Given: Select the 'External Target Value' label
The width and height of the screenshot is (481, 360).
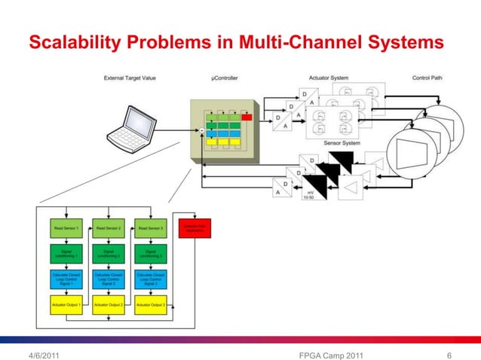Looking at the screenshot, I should point(130,78).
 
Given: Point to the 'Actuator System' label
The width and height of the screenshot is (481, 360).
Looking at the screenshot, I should point(329,78).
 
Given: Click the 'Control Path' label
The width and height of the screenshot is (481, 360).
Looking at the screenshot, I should point(427,78).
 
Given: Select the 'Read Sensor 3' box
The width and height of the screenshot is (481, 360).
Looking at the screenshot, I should point(150,227).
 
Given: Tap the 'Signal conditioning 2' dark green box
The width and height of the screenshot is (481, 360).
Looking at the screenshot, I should point(108,252).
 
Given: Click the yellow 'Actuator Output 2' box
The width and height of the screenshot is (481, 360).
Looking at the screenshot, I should point(108,305).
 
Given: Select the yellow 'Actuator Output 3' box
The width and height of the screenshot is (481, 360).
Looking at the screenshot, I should point(150,305).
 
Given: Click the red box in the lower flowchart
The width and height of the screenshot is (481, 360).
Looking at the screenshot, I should point(195,227).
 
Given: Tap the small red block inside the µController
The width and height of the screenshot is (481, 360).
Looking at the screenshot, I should point(246,117).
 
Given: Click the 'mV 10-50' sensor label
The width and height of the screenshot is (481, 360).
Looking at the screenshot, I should point(309,195).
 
